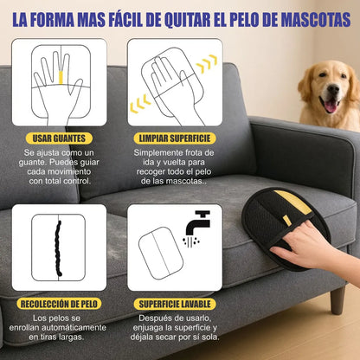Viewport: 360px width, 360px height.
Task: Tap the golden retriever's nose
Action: [x=329, y=94]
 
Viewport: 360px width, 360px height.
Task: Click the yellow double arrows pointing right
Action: [x=205, y=64]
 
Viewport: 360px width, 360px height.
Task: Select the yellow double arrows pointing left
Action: [x=138, y=105]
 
